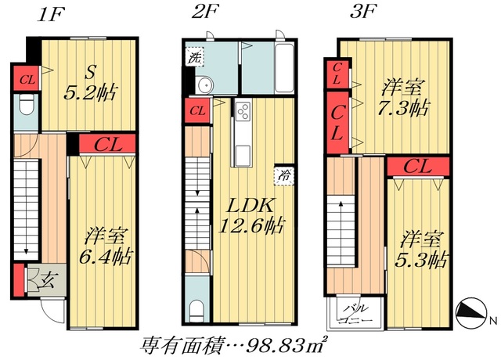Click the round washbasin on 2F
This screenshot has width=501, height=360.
[207, 86]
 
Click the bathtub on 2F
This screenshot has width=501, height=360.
[283, 69]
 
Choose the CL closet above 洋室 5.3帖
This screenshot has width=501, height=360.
[418, 166]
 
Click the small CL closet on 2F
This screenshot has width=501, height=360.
[197, 110]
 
